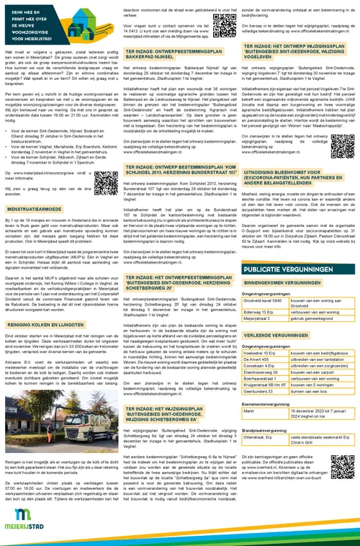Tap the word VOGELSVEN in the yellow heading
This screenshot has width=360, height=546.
tap(260, 77)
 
